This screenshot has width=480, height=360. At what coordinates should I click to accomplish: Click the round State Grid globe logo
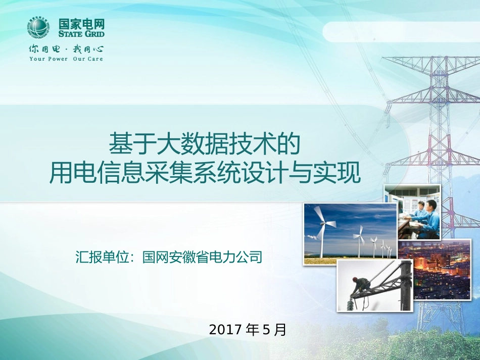click(38, 28)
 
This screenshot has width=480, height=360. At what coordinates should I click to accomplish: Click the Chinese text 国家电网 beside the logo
click(81, 23)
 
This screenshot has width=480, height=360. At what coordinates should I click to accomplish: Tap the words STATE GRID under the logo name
click(81, 34)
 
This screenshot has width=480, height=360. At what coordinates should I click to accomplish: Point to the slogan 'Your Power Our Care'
click(66, 59)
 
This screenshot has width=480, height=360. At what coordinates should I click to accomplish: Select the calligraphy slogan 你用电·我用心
click(66, 49)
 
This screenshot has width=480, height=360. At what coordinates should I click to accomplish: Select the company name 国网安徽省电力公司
click(202, 257)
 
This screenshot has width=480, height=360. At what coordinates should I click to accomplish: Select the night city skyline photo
click(434, 270)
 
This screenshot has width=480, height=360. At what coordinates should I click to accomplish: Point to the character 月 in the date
click(280, 330)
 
